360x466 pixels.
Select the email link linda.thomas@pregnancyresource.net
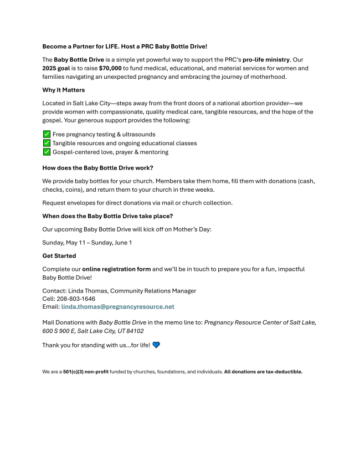pos(117,306)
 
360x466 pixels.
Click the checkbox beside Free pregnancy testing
pos(47,134)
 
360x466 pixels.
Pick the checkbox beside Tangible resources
pos(47,143)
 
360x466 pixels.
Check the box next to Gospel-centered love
pos(47,152)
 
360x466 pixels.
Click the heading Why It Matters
pos(64,90)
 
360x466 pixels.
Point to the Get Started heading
pos(59,256)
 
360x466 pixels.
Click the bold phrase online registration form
pos(116,269)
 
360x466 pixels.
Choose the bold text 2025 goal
pos(60,68)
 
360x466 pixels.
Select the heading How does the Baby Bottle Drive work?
pos(98,168)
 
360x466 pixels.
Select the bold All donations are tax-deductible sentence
pos(263,372)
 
